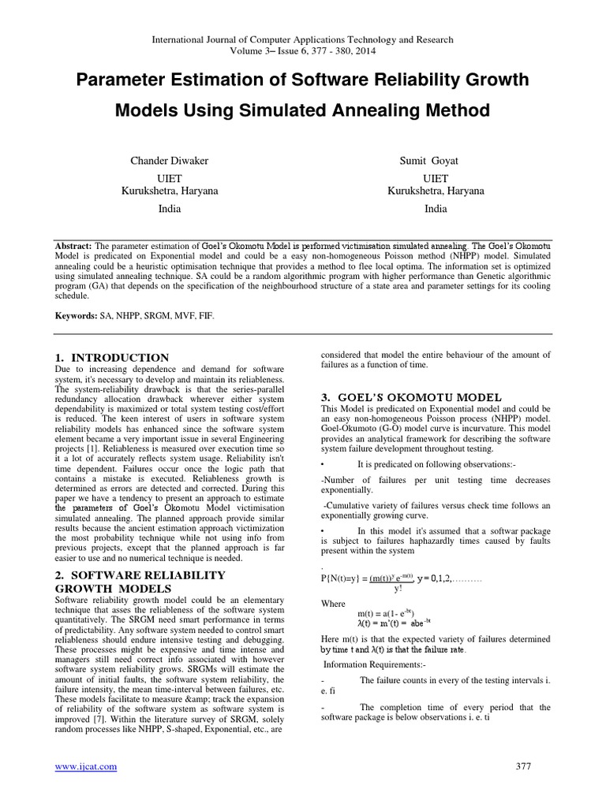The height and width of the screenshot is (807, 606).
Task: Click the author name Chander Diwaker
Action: tap(170, 162)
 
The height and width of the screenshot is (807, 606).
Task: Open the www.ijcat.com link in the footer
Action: tap(85, 766)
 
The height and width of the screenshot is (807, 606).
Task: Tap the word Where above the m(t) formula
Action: tap(334, 603)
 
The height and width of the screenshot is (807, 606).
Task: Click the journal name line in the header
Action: tap(302, 39)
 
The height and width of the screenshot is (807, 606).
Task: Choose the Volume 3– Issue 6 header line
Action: tap(302, 51)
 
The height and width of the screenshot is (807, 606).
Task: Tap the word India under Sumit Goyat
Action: tap(436, 209)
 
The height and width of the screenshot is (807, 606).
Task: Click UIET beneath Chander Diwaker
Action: tap(170, 179)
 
